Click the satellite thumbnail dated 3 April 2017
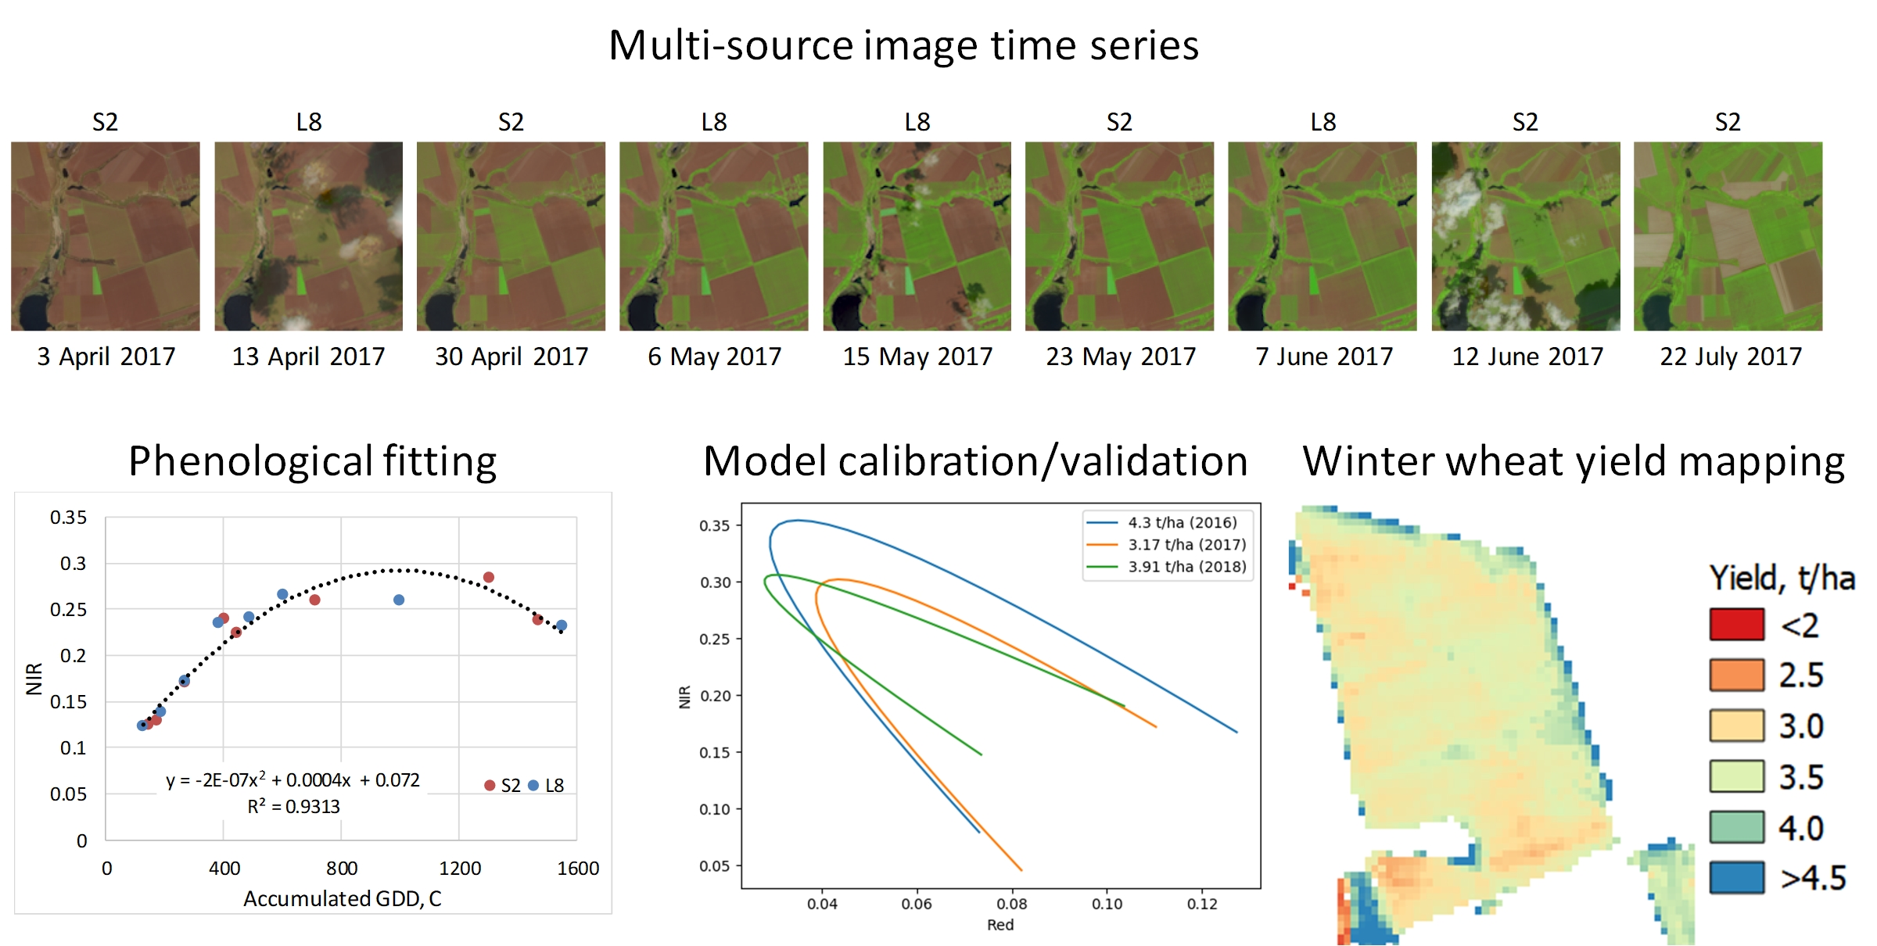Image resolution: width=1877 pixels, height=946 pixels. tap(105, 236)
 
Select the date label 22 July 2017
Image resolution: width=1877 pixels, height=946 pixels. tap(1730, 357)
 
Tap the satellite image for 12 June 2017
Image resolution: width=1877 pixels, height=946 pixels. tap(1525, 236)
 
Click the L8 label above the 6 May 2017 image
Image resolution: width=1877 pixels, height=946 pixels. tap(713, 122)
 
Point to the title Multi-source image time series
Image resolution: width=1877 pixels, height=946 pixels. tap(903, 45)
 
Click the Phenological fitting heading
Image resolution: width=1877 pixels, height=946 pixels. tap(312, 460)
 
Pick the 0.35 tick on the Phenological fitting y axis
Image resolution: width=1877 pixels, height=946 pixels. tap(68, 518)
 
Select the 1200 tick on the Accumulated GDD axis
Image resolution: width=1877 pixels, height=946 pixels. tap(459, 869)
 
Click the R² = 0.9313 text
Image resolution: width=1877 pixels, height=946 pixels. tap(293, 807)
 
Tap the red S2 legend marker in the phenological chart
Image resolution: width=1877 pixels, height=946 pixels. tap(490, 785)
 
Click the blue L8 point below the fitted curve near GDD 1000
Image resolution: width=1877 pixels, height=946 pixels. tap(399, 600)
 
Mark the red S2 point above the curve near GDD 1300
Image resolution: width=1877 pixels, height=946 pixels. tap(488, 577)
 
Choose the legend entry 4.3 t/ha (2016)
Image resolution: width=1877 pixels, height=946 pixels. tap(1182, 522)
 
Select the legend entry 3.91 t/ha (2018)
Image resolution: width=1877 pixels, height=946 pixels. tap(1186, 566)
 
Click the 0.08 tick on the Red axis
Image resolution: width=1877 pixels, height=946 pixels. tap(1011, 905)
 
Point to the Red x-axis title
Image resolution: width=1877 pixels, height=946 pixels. tap(1000, 925)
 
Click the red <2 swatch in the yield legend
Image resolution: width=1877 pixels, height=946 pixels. tap(1736, 624)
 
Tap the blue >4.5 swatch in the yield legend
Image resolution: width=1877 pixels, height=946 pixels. tap(1736, 877)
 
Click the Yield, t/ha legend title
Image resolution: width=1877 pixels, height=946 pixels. tap(1781, 579)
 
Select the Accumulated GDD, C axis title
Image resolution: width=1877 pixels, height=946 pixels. tap(342, 899)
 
